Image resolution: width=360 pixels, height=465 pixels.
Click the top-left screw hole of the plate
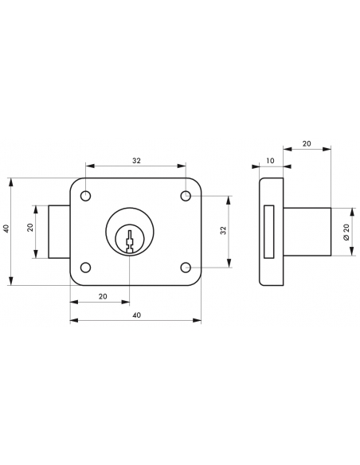(x=85, y=196)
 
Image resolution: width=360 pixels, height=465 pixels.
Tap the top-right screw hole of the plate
(x=186, y=196)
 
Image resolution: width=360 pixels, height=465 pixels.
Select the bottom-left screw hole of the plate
(x=85, y=268)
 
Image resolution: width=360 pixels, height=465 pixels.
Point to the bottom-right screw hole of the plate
(x=186, y=268)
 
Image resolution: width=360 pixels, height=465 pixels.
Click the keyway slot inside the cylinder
(x=130, y=241)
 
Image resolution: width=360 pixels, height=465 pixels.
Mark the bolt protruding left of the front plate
(x=59, y=232)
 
